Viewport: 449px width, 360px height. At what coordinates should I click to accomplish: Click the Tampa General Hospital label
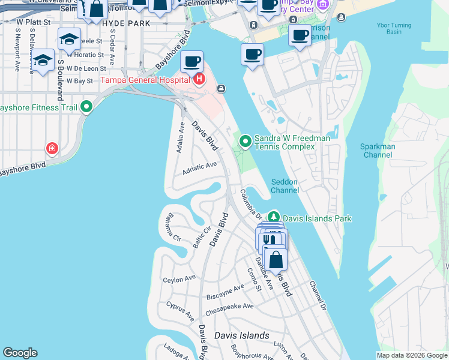pos(144,80)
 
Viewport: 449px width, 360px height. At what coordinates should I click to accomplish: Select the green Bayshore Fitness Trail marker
pos(86,107)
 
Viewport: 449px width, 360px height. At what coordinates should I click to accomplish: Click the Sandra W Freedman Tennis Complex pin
pos(245,142)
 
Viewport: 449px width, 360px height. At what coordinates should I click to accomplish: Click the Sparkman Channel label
pos(377,151)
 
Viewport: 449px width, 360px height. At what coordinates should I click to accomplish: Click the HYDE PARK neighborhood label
pos(126,23)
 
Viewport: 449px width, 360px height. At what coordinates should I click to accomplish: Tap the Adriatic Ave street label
pos(199,166)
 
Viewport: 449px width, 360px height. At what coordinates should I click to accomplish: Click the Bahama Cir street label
pos(173,227)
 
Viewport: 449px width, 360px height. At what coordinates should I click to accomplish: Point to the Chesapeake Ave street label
pos(229,310)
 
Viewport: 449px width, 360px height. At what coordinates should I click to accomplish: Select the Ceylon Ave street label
pos(179,279)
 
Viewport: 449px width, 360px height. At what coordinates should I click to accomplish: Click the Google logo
pos(20,353)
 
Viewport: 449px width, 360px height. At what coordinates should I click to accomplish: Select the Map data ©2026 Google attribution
pos(411,355)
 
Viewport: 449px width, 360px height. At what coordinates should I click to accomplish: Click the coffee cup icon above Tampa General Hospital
pos(191,61)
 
